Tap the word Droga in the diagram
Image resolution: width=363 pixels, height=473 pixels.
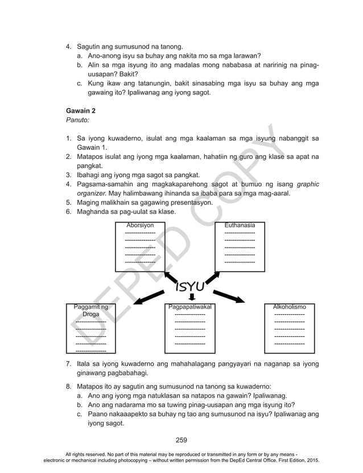91,314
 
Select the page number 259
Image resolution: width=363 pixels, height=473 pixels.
181,439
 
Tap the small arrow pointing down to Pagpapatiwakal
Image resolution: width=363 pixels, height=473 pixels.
192,297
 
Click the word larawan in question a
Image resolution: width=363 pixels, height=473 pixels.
241,56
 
